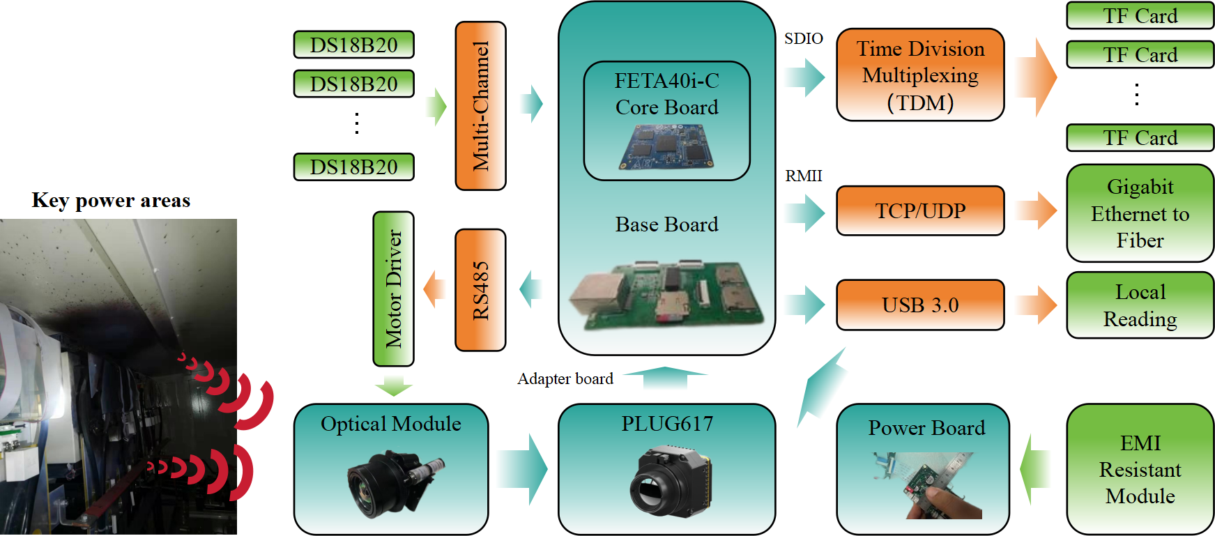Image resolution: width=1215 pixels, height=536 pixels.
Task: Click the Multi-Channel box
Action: coord(480,106)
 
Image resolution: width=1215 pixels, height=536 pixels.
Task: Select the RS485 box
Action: coord(480,290)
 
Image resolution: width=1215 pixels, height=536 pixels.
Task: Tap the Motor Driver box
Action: coord(394,289)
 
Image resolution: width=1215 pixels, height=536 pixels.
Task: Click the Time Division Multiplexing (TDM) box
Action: coord(920,75)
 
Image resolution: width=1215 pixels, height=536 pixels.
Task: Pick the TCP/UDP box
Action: coord(920,210)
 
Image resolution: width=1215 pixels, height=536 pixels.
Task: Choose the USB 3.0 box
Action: coord(920,305)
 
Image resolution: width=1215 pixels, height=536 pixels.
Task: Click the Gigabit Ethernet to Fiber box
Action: coord(1140,213)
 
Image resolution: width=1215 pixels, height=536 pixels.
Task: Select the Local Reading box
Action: coord(1140,305)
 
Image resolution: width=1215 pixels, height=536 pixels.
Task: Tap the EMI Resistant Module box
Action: coord(1140,469)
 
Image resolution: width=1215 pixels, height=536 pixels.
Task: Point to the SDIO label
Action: coord(803,38)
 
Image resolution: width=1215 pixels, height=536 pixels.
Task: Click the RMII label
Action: coord(803,176)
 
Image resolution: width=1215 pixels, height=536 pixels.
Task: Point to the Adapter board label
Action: coord(565,378)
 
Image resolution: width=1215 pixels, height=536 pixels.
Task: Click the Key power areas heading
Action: coord(111,201)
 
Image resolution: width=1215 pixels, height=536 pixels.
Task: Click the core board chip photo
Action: coord(666,147)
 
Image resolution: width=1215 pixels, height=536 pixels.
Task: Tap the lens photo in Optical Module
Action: coord(392,483)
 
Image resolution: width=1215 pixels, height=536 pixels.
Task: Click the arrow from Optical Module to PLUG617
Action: coord(524,469)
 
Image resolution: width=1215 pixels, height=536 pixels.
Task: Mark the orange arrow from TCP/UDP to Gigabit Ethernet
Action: coord(1037,210)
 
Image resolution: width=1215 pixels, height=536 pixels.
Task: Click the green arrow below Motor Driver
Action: coord(394,385)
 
